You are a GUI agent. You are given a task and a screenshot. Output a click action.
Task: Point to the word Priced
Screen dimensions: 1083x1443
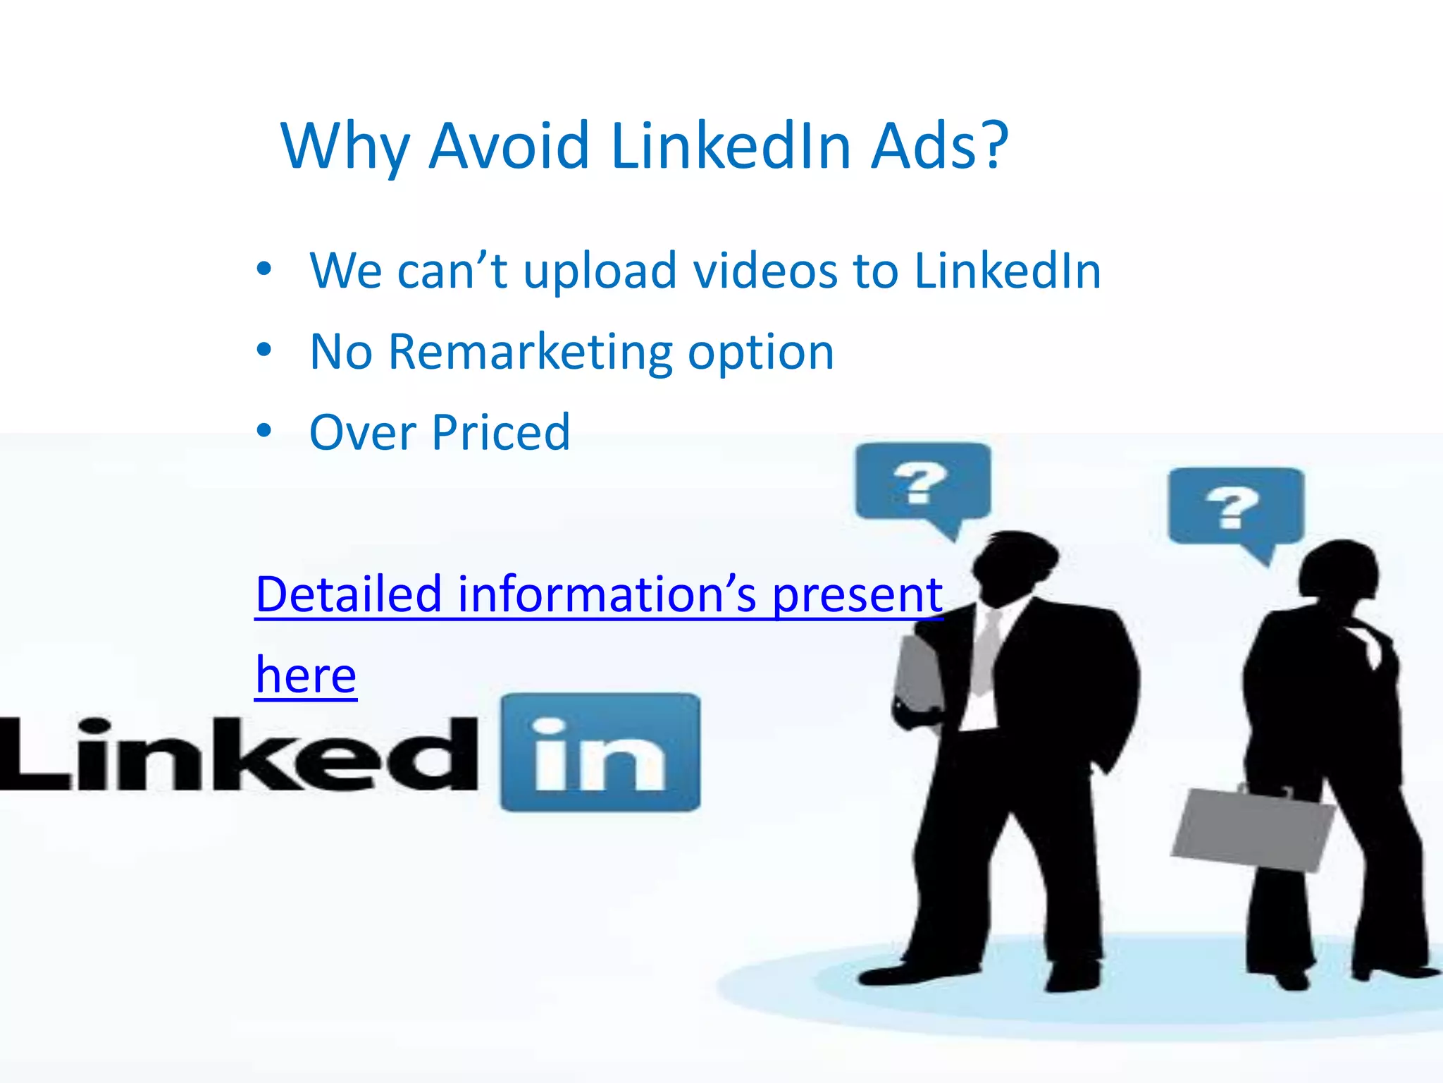point(501,432)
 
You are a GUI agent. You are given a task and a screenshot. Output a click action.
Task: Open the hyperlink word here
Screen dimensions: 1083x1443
point(306,675)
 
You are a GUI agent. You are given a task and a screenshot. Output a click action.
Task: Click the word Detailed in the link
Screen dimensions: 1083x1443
point(348,594)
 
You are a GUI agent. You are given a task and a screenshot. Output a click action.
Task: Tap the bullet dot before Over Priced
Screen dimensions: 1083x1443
point(264,431)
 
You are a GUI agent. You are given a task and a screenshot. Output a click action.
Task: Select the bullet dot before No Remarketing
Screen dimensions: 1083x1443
point(264,350)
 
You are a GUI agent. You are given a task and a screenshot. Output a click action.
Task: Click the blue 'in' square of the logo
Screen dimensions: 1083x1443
point(600,752)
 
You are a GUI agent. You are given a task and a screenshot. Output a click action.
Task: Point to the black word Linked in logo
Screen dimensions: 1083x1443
point(240,754)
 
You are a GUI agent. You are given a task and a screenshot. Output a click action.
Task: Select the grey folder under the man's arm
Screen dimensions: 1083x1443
point(918,673)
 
